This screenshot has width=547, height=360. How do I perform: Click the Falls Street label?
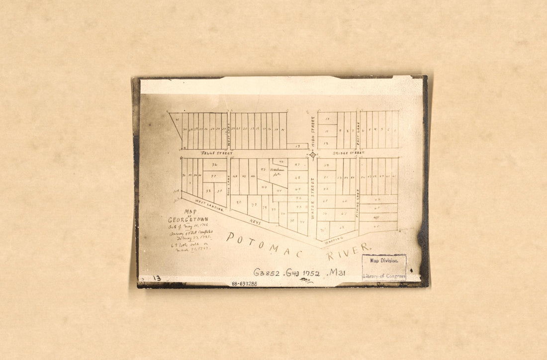pos(216,153)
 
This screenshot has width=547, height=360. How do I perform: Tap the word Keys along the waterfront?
pos(255,222)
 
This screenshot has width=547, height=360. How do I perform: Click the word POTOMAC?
pos(264,245)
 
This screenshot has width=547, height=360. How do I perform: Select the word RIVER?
pos(348,252)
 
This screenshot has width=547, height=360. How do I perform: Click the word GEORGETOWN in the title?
pos(188,219)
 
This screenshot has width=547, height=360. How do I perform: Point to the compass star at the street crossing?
pos(313,155)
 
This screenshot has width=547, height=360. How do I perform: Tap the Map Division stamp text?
pos(384,261)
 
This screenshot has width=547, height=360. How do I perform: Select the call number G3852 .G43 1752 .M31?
pos(299,272)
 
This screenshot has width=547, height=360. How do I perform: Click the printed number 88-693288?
pos(244,284)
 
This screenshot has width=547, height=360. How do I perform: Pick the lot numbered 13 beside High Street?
pos(297,147)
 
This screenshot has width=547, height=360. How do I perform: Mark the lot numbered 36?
pos(214,165)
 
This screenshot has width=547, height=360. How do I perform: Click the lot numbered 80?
pos(239,202)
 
